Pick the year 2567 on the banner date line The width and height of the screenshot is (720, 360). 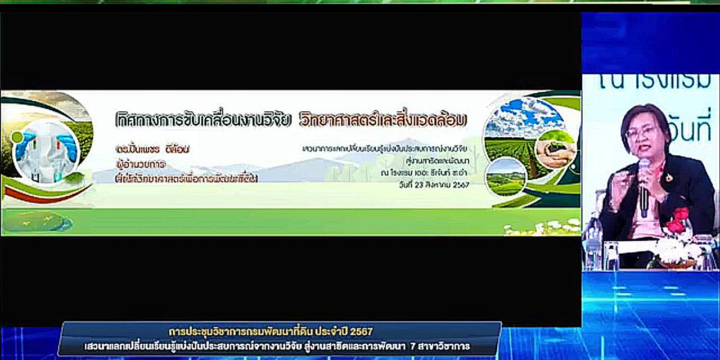[x=460, y=184]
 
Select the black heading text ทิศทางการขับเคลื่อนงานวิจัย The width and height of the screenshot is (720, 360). [x=203, y=120]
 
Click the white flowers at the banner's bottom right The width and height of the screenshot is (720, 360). [x=543, y=227]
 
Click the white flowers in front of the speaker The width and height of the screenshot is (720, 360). [x=678, y=250]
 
